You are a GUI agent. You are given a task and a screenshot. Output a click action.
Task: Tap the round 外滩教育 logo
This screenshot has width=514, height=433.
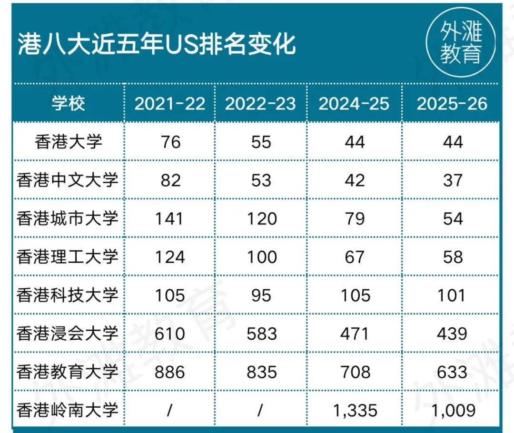pyautogui.click(x=460, y=44)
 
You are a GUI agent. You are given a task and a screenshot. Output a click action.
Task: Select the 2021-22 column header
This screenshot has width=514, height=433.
pyautogui.click(x=169, y=104)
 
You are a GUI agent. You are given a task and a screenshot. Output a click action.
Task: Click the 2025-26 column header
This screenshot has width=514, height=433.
pyautogui.click(x=452, y=104)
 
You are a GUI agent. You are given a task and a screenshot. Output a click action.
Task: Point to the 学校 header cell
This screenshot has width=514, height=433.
pyautogui.click(x=68, y=104)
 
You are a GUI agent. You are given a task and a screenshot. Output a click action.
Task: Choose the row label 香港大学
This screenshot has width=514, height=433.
pyautogui.click(x=68, y=142)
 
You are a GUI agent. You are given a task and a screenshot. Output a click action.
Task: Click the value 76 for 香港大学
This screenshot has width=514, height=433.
pyautogui.click(x=169, y=142)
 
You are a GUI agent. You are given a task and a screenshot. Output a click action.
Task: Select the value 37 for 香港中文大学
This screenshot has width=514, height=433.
pyautogui.click(x=452, y=180)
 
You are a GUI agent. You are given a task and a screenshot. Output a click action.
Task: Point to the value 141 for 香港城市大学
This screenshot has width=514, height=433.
pyautogui.click(x=169, y=218)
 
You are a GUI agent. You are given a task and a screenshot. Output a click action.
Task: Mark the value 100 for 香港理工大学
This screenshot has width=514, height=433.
pyautogui.click(x=261, y=257)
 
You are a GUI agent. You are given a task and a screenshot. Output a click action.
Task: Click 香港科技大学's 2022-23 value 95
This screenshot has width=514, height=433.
pyautogui.click(x=261, y=295)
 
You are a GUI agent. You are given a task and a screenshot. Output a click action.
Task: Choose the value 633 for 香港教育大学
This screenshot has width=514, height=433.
pyautogui.click(x=452, y=372)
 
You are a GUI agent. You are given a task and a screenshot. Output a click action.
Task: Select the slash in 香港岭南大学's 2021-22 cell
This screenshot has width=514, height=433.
pyautogui.click(x=169, y=410)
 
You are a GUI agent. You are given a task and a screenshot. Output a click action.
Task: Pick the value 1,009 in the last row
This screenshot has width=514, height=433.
pyautogui.click(x=452, y=410)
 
